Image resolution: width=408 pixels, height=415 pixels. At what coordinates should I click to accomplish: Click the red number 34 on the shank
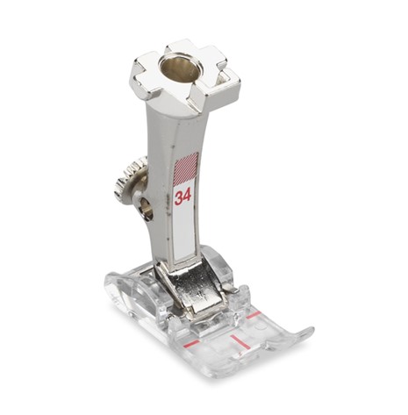[x=183, y=196]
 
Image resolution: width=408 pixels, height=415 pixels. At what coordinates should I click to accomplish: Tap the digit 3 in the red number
[x=179, y=197]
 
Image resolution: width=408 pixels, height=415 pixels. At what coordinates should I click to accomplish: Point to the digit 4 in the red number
[x=188, y=195]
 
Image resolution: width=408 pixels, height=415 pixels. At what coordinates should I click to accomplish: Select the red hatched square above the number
[x=186, y=168]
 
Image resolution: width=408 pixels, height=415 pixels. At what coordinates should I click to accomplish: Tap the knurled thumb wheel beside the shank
[x=129, y=177]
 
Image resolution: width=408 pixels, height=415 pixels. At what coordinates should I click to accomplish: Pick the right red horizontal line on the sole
[x=253, y=315]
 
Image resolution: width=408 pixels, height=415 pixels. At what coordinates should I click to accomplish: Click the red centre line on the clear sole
[x=240, y=342]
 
